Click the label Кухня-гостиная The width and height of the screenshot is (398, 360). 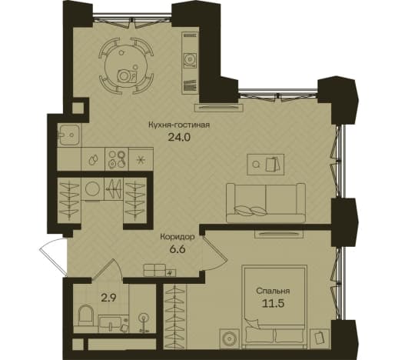click(x=179, y=125)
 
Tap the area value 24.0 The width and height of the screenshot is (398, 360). click(x=179, y=138)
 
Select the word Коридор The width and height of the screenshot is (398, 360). click(x=177, y=237)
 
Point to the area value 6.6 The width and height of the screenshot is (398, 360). click(x=177, y=249)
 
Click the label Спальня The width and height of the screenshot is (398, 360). click(x=273, y=291)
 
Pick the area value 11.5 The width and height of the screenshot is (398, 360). click(x=274, y=303)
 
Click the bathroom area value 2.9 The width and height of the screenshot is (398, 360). click(x=108, y=298)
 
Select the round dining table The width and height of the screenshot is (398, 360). click(x=126, y=65)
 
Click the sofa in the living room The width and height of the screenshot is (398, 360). click(x=266, y=202)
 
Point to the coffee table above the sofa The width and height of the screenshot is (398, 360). click(x=266, y=165)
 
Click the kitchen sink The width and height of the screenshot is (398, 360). click(x=69, y=135)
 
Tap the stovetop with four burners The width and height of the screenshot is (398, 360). click(x=117, y=159)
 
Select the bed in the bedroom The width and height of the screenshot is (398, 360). click(x=274, y=307)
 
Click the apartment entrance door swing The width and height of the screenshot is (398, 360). click(x=53, y=257)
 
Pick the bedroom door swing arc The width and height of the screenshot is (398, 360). click(x=214, y=253)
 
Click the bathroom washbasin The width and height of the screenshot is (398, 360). click(x=114, y=324)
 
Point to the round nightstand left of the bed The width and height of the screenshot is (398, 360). click(x=230, y=338)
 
